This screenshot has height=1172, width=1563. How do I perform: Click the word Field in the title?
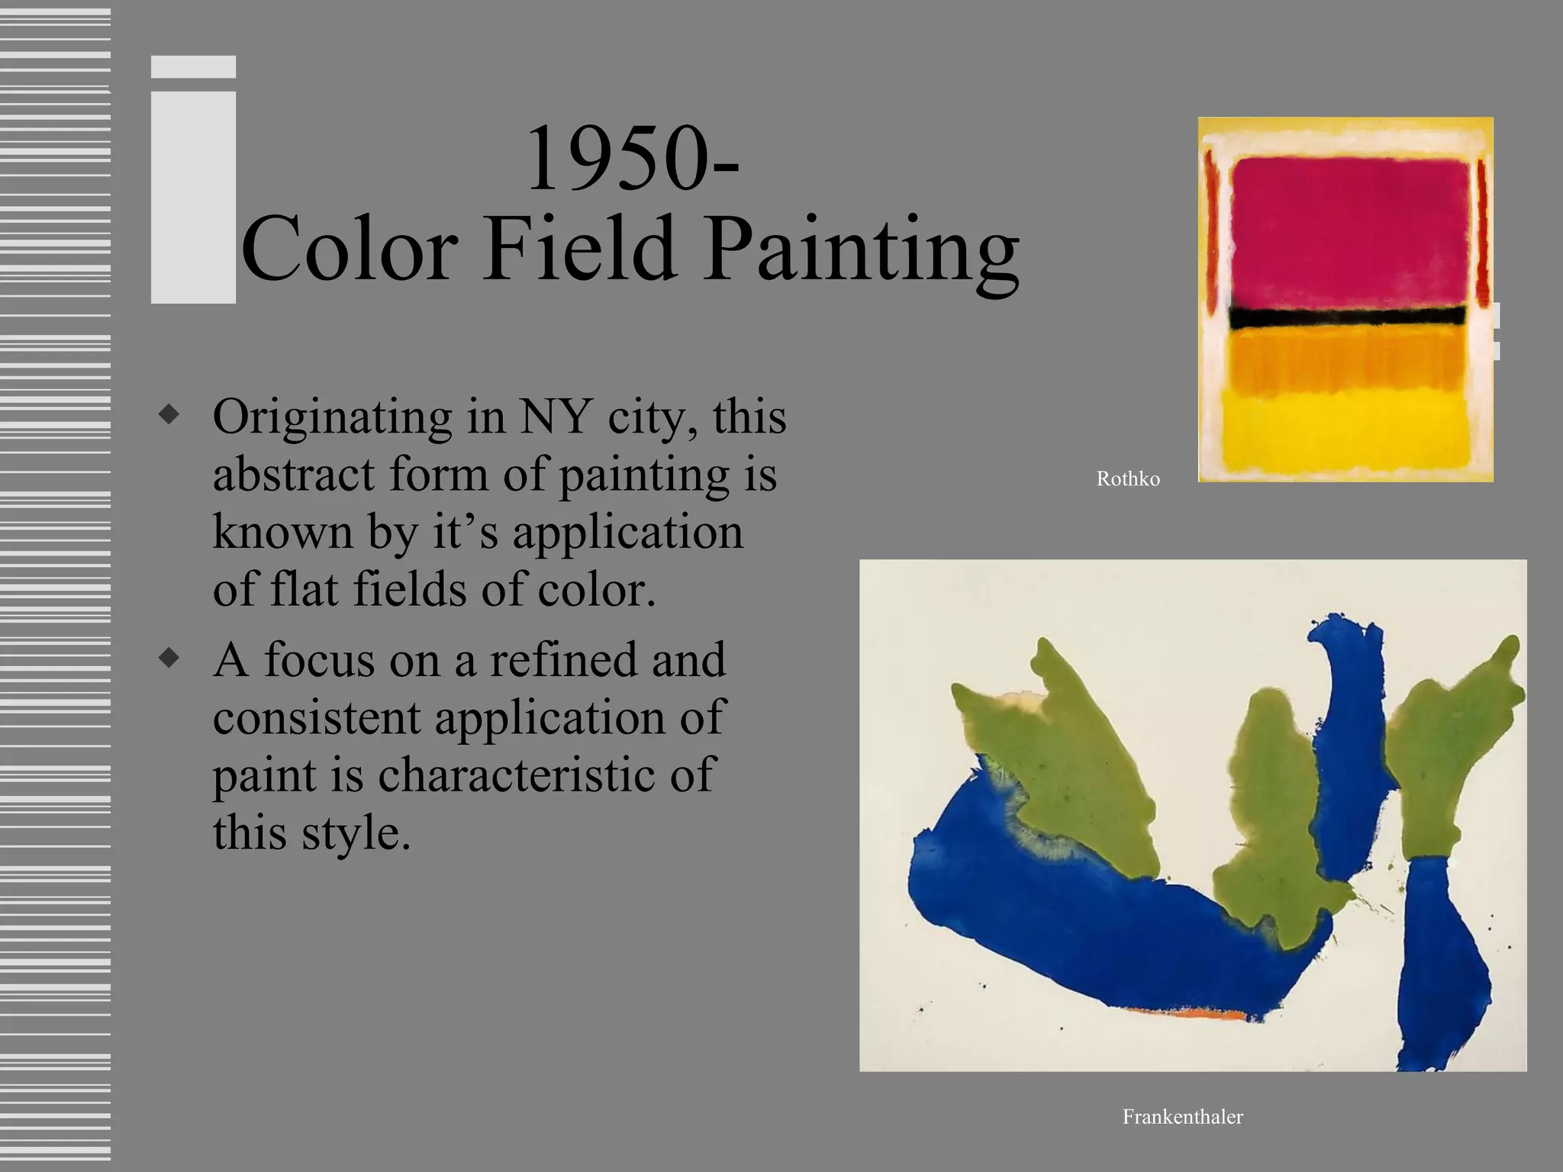tap(580, 249)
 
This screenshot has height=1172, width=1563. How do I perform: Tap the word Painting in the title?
tap(861, 252)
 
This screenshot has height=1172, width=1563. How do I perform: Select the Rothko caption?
tap(1128, 479)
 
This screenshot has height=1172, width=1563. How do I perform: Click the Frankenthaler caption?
tap(1182, 1117)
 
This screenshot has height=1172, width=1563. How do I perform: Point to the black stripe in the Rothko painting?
tap(1347, 316)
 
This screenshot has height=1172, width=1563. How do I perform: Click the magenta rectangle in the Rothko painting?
tap(1349, 229)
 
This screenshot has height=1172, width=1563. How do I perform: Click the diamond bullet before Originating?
tap(169, 414)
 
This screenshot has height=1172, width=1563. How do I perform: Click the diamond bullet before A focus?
tap(169, 657)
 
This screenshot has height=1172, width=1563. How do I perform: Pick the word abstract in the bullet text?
tap(294, 475)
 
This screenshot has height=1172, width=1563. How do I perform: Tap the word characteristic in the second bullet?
tap(517, 775)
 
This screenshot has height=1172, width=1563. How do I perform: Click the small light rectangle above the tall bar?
tap(193, 67)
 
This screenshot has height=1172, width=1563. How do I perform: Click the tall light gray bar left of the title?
tap(193, 198)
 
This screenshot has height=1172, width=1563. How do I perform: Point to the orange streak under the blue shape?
tap(1191, 1014)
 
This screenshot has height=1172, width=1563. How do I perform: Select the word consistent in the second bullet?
tap(317, 719)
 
